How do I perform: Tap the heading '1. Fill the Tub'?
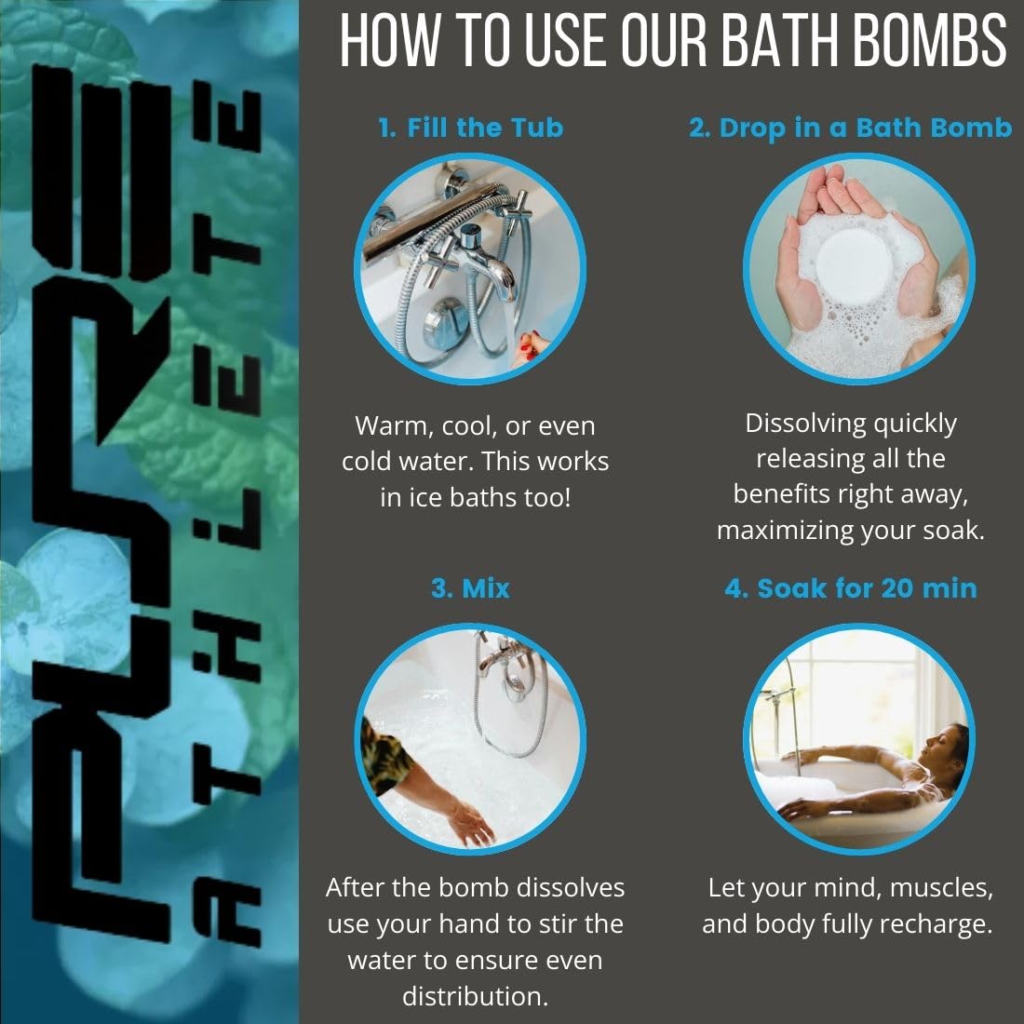(471, 128)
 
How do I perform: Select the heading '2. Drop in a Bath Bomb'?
(850, 128)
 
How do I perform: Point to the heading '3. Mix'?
(470, 588)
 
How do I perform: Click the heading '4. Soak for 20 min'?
(851, 588)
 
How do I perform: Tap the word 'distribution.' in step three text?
(475, 996)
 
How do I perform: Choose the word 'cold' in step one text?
(367, 461)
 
